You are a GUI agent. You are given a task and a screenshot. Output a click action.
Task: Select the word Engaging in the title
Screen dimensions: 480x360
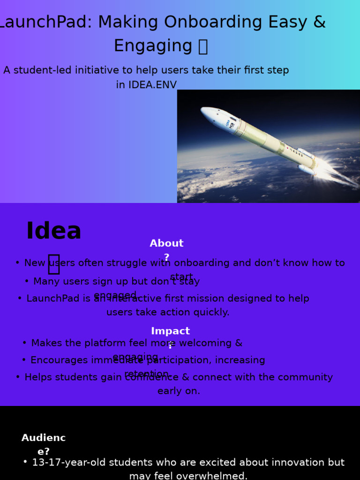pos(153,46)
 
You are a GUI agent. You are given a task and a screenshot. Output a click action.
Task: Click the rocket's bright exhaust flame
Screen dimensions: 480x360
pos(335,173)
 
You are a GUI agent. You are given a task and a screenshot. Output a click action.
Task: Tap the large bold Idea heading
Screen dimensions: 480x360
pos(53,231)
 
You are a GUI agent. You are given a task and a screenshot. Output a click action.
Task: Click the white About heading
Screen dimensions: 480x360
pos(166,244)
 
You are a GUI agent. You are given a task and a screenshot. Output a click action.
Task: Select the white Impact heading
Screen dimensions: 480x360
pos(170,331)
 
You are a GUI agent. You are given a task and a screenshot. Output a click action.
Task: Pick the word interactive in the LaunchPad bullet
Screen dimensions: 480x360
pos(136,299)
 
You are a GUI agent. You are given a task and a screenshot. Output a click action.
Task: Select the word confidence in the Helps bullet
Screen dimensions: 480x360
pos(151,377)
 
